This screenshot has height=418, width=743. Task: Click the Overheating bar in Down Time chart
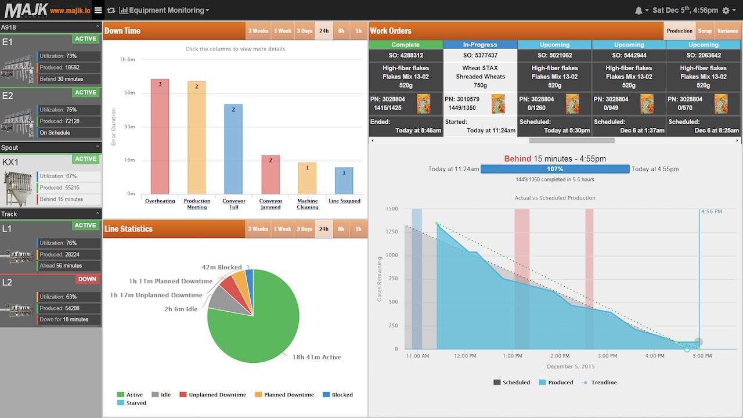[x=160, y=136]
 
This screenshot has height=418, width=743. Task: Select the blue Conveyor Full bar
[x=233, y=149]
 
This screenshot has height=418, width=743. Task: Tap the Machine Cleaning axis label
[x=307, y=204]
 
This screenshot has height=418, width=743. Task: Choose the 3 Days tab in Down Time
[x=304, y=31]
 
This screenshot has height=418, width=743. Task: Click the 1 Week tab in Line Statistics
[x=283, y=229]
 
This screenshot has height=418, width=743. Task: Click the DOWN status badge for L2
[x=87, y=279]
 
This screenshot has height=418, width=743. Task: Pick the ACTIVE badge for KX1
[x=86, y=159]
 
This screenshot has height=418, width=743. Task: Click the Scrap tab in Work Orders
[x=705, y=31]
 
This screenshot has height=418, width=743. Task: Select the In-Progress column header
[x=480, y=45]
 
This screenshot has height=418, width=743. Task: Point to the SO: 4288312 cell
[x=406, y=55]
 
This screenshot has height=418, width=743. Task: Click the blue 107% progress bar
[x=555, y=169]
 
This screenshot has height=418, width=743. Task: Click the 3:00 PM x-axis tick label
[x=607, y=356]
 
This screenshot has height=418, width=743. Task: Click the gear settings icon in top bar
[x=726, y=10]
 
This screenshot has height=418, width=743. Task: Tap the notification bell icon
[x=639, y=10]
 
